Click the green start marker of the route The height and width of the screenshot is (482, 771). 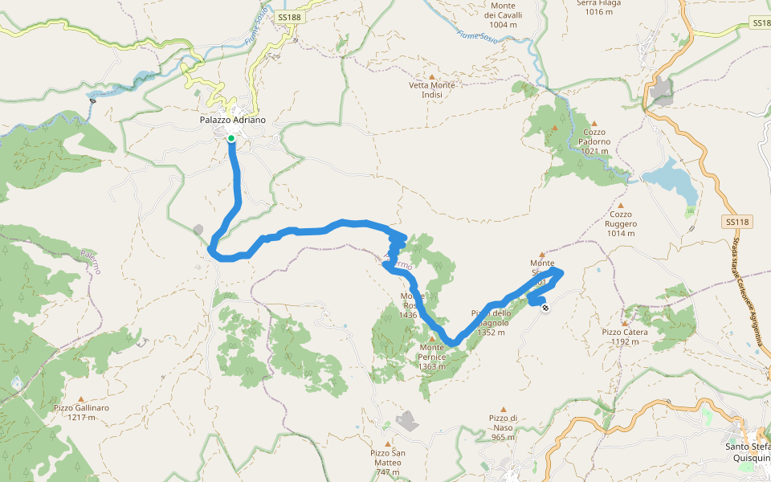tap(231, 139)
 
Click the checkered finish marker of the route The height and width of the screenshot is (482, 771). tap(546, 306)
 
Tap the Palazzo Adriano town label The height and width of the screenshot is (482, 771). tap(232, 120)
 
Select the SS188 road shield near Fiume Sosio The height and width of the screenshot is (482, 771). tap(288, 17)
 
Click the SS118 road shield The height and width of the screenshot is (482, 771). tap(736, 222)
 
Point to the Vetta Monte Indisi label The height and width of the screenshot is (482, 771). tap(431, 90)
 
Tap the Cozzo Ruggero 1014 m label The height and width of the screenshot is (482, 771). tap(622, 224)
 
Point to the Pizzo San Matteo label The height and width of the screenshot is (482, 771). tap(387, 463)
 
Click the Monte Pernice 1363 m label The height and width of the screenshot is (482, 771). tap(437, 357)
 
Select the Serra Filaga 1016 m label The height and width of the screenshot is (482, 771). tap(599, 7)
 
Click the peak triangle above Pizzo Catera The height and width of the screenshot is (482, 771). tap(623, 322)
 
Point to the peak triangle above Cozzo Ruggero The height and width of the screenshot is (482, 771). tap(620, 205)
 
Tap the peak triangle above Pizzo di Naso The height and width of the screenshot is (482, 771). tap(504, 409)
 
